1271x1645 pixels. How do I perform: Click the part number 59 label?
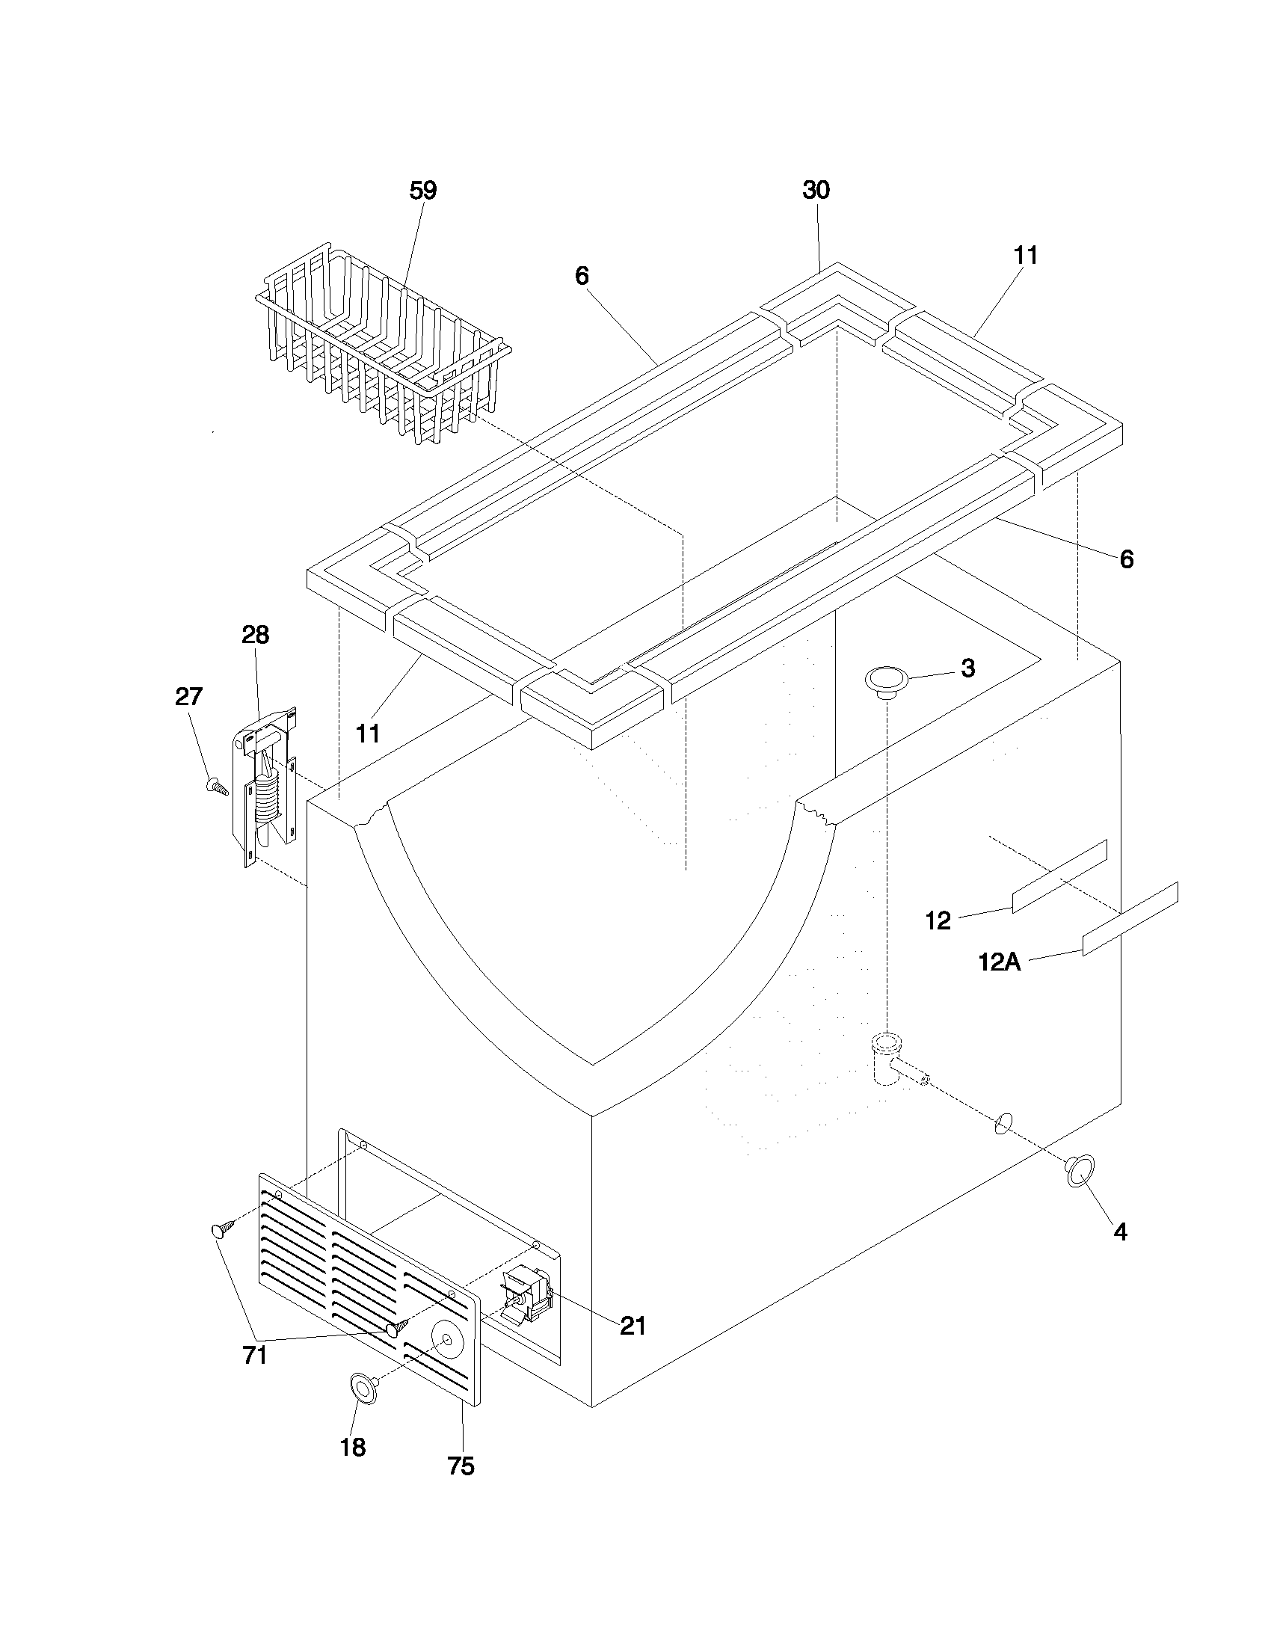422,191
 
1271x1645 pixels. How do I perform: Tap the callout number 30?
816,191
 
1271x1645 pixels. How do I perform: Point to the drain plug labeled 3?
886,680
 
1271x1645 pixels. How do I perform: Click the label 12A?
999,962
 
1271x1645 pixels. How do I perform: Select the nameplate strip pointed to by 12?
1059,877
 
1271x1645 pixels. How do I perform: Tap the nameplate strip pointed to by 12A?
1130,918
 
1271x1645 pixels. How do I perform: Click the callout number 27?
189,697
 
